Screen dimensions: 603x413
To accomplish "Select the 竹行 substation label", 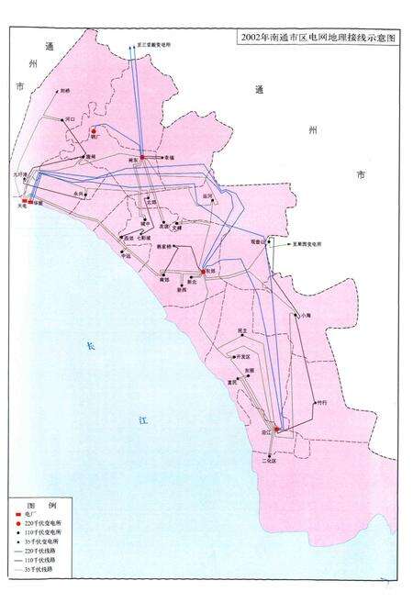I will click(320, 402).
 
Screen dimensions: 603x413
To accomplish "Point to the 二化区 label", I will click(269, 463).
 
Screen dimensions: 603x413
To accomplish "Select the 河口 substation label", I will click(72, 119).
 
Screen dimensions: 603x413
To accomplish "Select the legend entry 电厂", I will click(31, 514).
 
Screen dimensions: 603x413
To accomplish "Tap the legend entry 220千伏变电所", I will click(43, 523).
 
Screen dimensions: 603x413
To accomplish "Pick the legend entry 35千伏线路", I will click(39, 571).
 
